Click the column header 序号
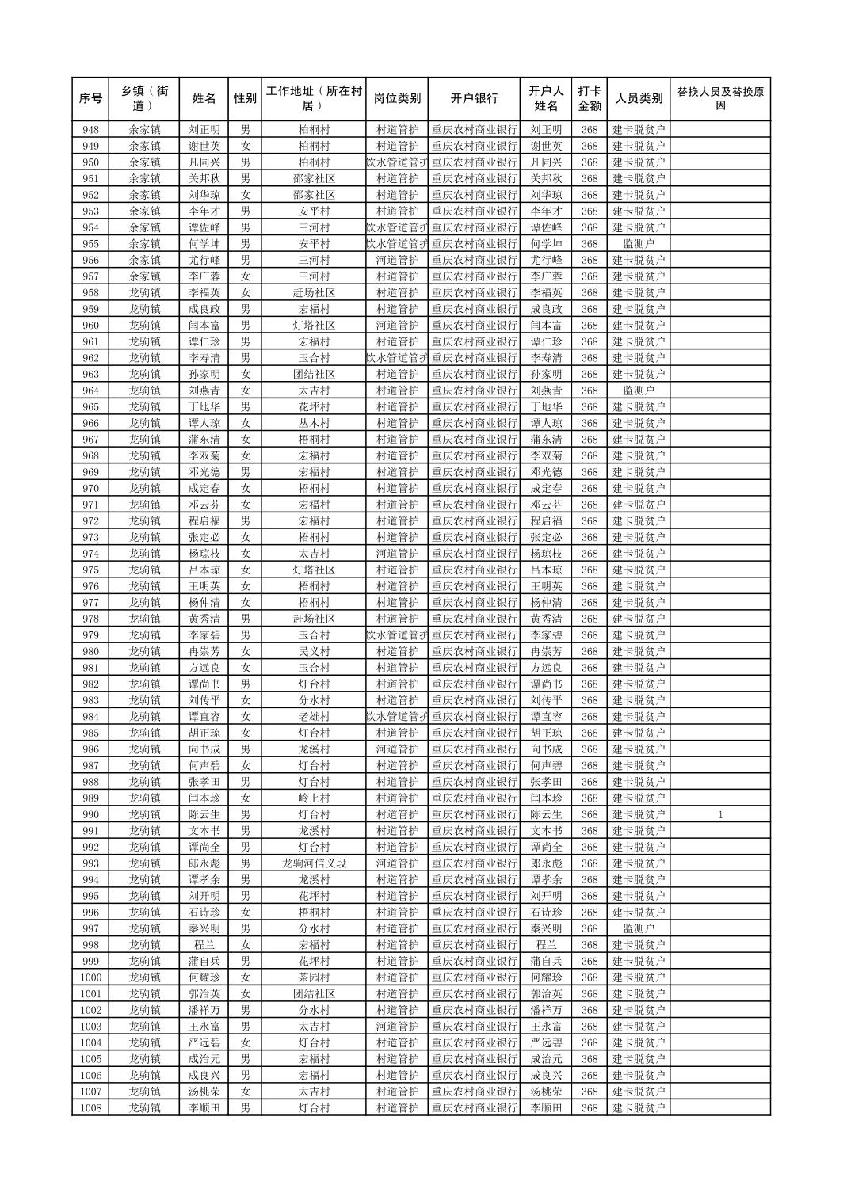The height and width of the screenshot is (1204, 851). (90, 99)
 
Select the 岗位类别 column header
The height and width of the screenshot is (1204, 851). (397, 99)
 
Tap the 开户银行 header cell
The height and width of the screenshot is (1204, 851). (474, 99)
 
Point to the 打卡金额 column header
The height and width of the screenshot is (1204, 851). (589, 99)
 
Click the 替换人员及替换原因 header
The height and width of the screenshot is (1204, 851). (719, 99)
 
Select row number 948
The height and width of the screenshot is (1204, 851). (90, 130)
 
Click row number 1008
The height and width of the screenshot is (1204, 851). (90, 1107)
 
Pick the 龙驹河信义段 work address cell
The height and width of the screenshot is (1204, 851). (314, 863)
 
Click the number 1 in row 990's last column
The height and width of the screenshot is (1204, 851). (719, 814)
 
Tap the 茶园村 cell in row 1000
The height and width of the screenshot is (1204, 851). (314, 977)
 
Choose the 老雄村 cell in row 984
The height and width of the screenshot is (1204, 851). (314, 717)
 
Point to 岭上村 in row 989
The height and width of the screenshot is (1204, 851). (314, 798)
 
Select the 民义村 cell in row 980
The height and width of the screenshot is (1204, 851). (314, 651)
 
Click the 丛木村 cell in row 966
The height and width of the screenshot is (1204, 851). (314, 423)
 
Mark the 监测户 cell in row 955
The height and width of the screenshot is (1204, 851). (639, 244)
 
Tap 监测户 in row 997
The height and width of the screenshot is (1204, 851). (639, 928)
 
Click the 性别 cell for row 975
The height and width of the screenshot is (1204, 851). (245, 570)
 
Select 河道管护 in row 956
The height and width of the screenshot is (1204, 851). (397, 260)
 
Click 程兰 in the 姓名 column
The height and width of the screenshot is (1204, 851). (204, 945)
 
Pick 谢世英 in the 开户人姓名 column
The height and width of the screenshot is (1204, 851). (546, 146)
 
